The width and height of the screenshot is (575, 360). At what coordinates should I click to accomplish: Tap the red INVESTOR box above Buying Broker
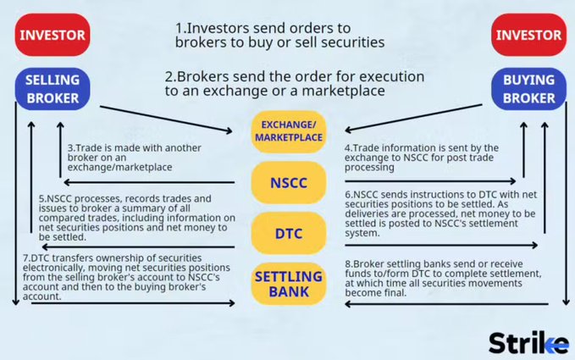click(528, 36)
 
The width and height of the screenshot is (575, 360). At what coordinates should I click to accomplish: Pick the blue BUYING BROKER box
click(528, 88)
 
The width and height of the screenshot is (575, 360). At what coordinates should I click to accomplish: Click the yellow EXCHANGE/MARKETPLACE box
click(287, 131)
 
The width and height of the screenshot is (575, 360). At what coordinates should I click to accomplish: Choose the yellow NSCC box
click(287, 181)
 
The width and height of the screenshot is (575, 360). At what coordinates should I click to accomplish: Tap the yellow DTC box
click(287, 231)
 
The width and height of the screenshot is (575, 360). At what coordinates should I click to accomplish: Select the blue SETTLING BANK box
click(287, 285)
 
